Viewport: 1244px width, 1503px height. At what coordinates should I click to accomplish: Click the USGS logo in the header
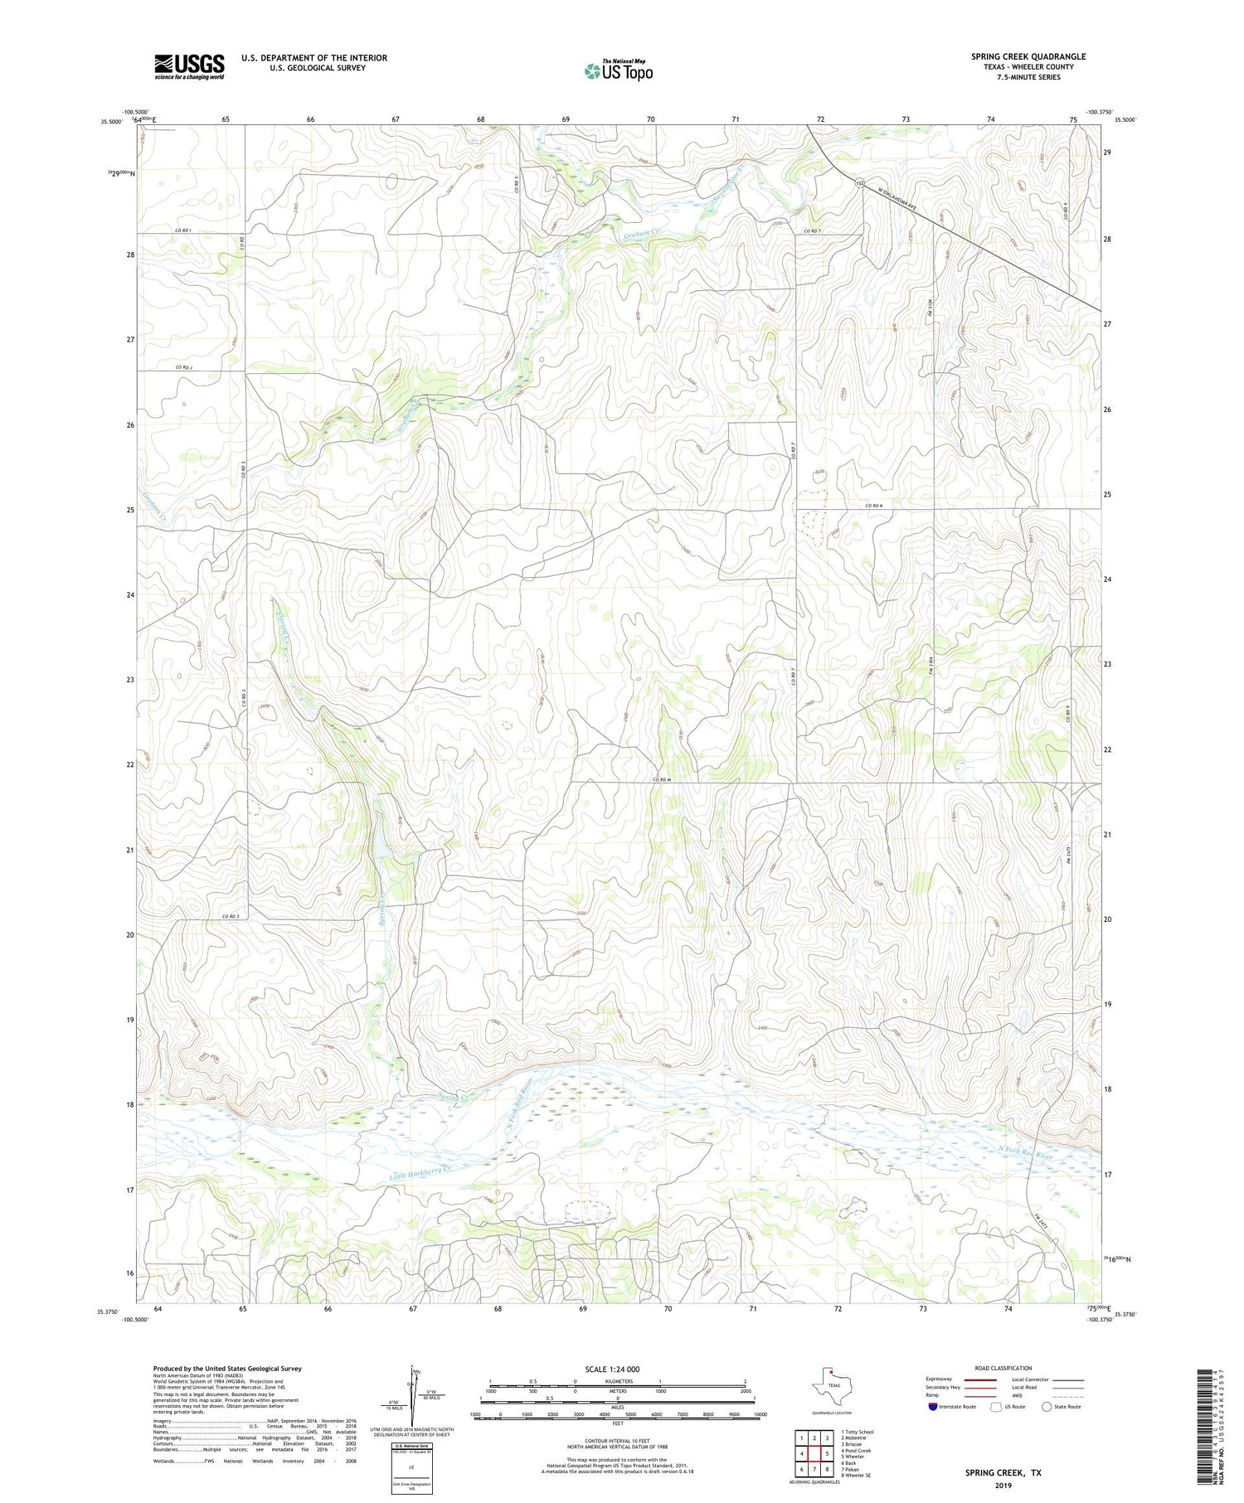pos(189,66)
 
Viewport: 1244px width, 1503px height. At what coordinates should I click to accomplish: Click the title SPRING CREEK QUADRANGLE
pos(1028,56)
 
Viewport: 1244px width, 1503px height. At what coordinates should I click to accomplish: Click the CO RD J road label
pos(184,367)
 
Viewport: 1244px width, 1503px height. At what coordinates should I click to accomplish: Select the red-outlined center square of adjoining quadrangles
pos(814,1453)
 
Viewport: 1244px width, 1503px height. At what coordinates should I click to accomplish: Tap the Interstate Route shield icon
pos(932,1407)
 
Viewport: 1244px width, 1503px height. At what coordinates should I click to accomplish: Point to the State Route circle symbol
pos(1047,1407)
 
